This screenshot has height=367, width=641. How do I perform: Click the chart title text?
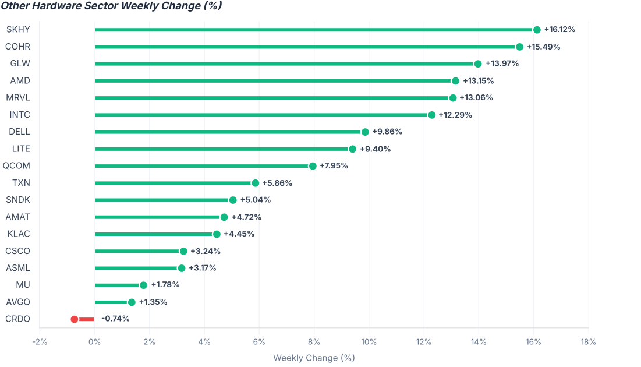pos(111,6)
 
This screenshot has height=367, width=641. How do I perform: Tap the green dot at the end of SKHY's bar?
pos(537,30)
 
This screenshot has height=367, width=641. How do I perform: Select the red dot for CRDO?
pos(75,319)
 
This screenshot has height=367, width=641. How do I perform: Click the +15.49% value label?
pos(543,47)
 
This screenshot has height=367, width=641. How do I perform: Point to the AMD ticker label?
pos(20,80)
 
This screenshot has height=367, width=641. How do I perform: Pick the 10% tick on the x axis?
pos(369,342)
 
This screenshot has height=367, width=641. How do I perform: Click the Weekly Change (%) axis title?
pos(314,358)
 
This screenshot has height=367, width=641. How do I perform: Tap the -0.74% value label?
pos(115,319)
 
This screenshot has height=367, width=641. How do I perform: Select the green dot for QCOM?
pos(313,166)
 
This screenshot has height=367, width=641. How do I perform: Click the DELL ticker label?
pos(20,132)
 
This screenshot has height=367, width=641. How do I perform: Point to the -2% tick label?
pos(40,342)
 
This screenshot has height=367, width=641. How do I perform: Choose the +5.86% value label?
pos(277,183)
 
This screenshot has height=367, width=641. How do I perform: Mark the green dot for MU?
pos(143,285)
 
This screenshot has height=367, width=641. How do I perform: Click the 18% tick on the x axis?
pos(588,342)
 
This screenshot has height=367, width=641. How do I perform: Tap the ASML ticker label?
pos(18,268)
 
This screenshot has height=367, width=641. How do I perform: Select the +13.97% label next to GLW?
pos(502,63)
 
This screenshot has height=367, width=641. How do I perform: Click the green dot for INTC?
pos(431,115)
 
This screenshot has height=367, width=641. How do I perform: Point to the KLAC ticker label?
pos(19,234)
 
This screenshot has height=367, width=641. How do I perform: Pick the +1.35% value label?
pos(153,302)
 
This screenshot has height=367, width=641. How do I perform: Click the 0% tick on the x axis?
pos(94,342)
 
